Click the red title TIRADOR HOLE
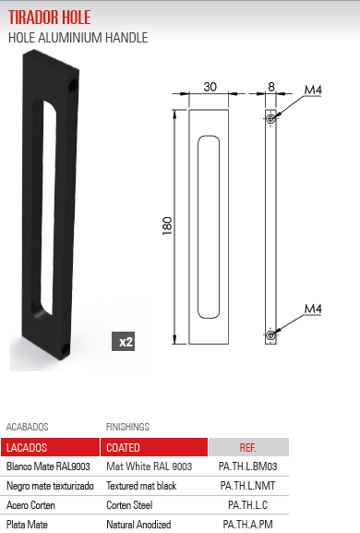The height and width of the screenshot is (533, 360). (x=50, y=17)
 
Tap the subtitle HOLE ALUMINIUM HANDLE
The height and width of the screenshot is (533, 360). (x=78, y=38)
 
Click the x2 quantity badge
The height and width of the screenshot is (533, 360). (x=124, y=341)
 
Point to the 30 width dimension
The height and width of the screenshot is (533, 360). (x=210, y=87)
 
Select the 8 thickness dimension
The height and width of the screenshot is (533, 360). (x=271, y=87)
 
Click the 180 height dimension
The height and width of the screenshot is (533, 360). (x=167, y=225)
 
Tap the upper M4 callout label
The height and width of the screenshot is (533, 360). (x=313, y=90)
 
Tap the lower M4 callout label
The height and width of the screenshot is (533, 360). (x=313, y=309)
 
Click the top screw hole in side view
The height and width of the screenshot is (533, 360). (x=270, y=118)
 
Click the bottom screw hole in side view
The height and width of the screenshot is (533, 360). (x=270, y=335)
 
